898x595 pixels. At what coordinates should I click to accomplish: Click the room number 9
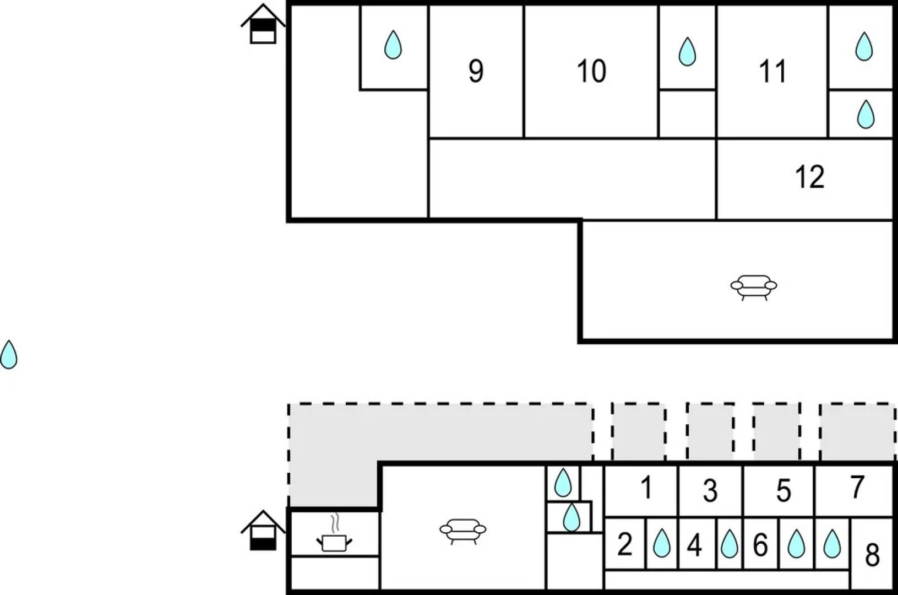476,71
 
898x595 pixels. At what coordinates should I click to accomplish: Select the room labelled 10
591,71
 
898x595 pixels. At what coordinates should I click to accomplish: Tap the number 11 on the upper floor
772,71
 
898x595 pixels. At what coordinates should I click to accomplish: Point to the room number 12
810,177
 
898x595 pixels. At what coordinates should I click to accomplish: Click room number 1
646,488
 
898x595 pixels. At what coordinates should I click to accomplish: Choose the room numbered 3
710,491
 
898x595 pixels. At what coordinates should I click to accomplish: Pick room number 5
783,491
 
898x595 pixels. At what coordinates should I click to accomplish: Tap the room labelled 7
857,487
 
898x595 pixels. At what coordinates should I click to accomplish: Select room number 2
624,544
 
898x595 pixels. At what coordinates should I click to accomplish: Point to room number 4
695,545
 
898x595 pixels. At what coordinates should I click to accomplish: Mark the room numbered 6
760,545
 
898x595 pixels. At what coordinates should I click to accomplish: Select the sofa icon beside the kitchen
463,530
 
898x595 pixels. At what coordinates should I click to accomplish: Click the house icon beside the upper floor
263,24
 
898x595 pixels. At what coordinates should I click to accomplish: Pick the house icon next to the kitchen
263,531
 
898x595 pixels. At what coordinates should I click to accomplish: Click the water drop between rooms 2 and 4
661,544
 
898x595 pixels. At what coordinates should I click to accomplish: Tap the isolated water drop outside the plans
9,354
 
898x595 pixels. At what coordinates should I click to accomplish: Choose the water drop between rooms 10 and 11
687,52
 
